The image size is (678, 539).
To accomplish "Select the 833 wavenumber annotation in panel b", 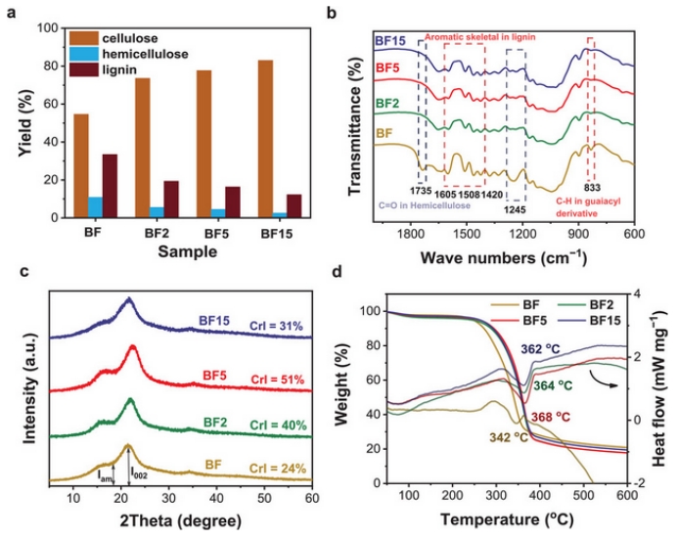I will (591, 184).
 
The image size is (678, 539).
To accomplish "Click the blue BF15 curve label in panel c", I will (214, 319).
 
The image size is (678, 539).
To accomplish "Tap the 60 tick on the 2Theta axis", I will (311, 500).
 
